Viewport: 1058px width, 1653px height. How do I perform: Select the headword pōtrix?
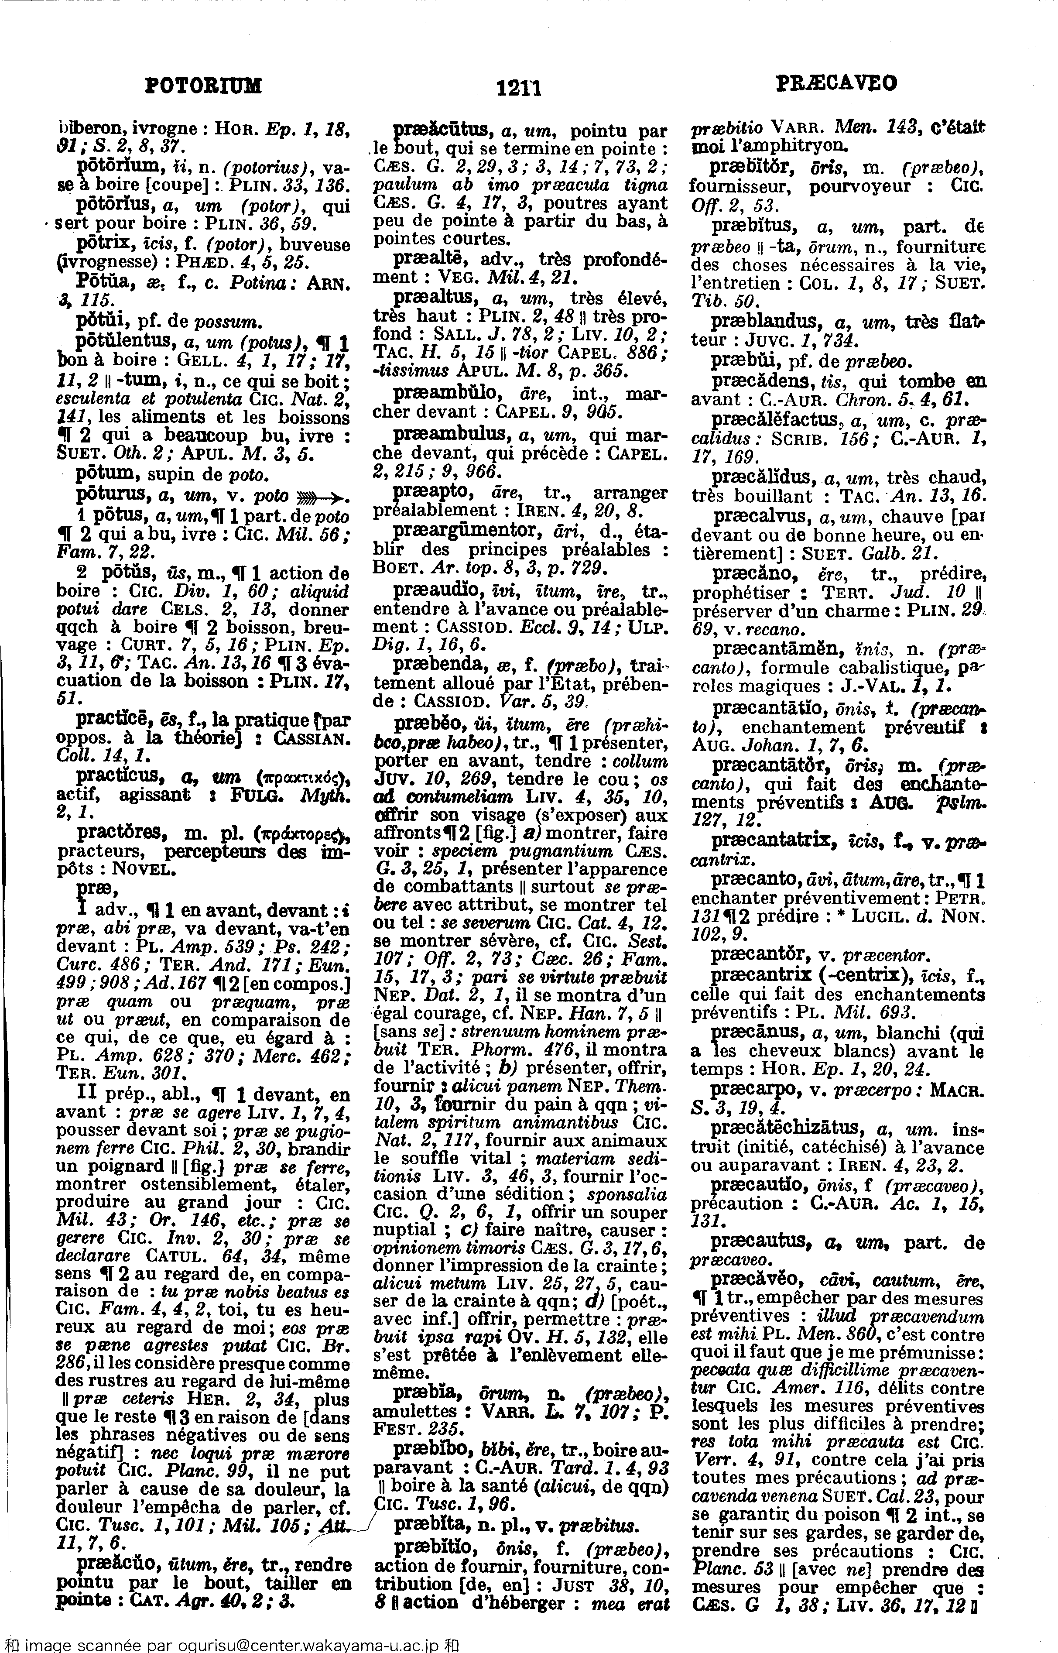[x=103, y=244]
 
